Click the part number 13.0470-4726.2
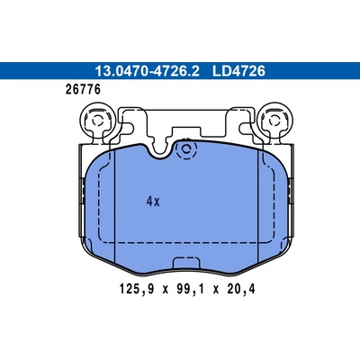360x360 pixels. tap(147, 71)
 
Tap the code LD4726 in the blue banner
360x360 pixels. tap(238, 71)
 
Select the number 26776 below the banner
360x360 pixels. tap(83, 89)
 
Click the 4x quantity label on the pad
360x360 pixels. tap(153, 202)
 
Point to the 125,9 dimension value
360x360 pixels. tap(137, 289)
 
